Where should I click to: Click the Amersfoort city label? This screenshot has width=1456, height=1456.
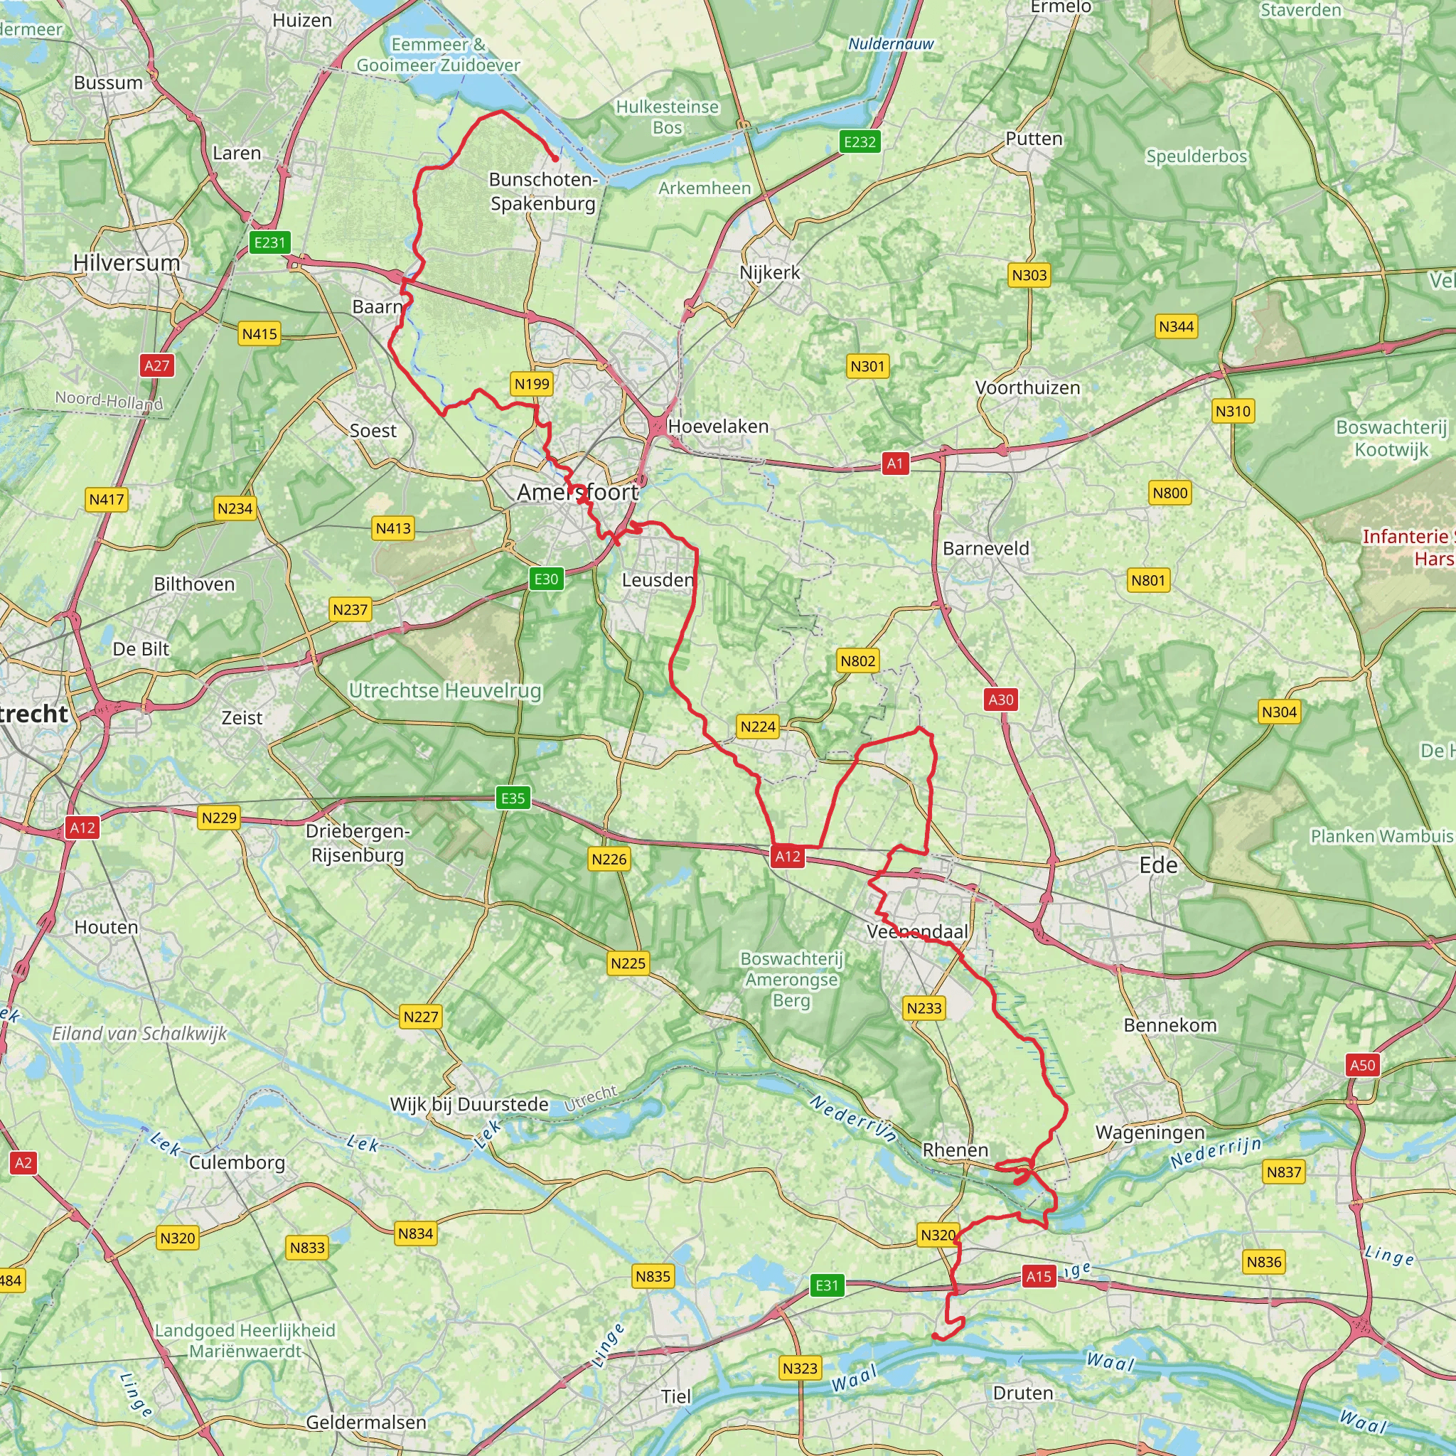[x=578, y=492]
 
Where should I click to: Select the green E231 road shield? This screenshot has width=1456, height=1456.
[x=269, y=242]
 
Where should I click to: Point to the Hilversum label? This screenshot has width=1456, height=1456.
[x=127, y=262]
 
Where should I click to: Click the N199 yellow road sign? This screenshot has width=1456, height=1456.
[x=532, y=384]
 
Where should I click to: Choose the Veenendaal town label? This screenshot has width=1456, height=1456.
[x=917, y=931]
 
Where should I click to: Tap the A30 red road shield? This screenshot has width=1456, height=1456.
[x=1001, y=700]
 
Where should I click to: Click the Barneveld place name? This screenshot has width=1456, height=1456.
[x=986, y=548]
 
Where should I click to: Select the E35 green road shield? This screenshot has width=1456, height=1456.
[x=513, y=798]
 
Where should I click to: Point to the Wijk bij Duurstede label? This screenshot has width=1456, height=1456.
[x=469, y=1104]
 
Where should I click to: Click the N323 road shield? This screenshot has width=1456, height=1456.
[x=800, y=1368]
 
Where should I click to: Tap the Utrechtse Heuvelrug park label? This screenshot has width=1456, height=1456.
[x=444, y=690]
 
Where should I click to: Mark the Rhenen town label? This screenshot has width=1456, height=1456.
[x=955, y=1150]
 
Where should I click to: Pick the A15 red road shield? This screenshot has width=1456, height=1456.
[x=1039, y=1276]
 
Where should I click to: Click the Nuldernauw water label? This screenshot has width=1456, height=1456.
[x=891, y=43]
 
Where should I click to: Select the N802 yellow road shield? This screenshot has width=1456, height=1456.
[x=857, y=661]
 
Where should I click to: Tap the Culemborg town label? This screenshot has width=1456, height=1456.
[x=237, y=1162]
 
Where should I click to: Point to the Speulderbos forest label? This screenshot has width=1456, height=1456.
[x=1196, y=156]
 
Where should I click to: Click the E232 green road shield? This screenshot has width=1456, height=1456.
[x=860, y=141]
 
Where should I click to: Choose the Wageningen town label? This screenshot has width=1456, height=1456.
[x=1150, y=1132]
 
